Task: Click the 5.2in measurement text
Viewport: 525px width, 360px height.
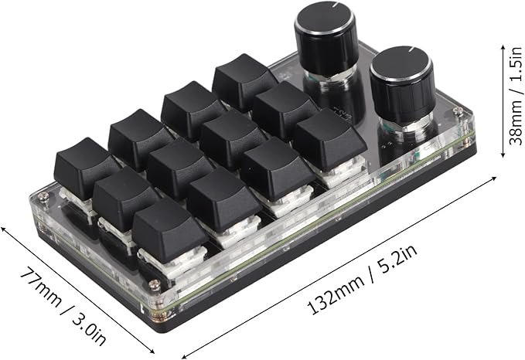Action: tap(397, 260)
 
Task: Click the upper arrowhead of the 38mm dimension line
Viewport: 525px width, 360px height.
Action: tap(503, 47)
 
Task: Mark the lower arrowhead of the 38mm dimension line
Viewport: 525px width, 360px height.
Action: tap(503, 155)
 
